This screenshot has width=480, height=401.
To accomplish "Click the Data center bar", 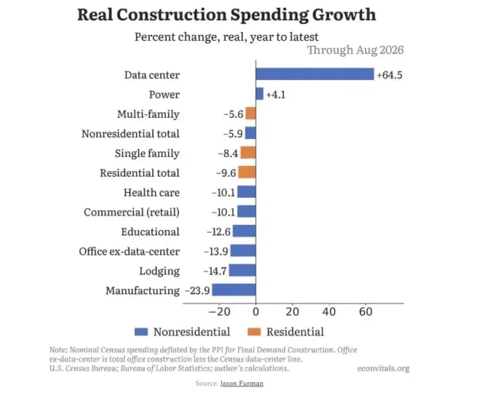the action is pos(315,74).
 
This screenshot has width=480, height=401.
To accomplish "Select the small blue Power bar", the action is pos(259,94).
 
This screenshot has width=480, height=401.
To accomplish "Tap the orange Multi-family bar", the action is pos(251,114).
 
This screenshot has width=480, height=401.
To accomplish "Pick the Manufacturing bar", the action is pos(234,290).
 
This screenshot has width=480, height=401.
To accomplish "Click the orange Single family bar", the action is pos(248,152).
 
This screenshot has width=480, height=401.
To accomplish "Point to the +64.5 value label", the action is pos(390,75).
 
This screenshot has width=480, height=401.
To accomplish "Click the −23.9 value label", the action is pos(197,290).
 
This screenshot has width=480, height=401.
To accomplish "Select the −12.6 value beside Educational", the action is pos(219,231).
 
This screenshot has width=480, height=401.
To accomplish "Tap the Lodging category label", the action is pos(160,271).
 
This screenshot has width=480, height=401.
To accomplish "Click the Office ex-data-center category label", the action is pos(129,251).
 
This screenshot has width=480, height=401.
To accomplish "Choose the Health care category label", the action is pos(152,193).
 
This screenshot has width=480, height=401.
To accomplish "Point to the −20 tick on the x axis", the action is pos(219,311).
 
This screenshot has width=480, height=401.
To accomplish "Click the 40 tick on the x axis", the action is pos(329,311).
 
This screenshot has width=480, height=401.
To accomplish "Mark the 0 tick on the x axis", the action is pos(256,311).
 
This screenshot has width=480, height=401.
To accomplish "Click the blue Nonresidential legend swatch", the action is pos(141,332).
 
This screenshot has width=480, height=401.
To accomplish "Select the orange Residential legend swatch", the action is pos(254,332).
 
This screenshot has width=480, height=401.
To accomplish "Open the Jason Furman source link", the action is pos(242,384).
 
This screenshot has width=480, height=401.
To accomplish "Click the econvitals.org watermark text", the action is pos(383,368).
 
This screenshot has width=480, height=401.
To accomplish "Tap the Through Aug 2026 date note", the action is pos(355,50).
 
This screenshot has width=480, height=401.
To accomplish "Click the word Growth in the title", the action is pos(345,15).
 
